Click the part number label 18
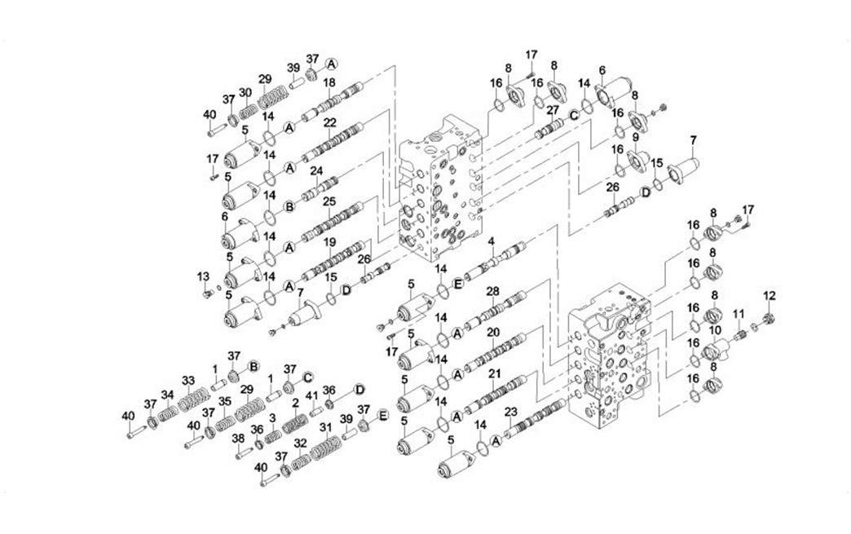point(329,83)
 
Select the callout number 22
point(329,122)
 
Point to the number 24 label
point(316,171)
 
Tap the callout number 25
point(329,201)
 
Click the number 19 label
point(329,242)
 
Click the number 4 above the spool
point(492,241)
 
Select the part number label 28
point(492,291)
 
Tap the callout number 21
point(493,373)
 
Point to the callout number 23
point(511,411)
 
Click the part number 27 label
point(553,109)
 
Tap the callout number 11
point(738,314)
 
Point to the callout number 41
point(311,396)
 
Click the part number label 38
point(238,438)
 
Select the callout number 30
point(245,92)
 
